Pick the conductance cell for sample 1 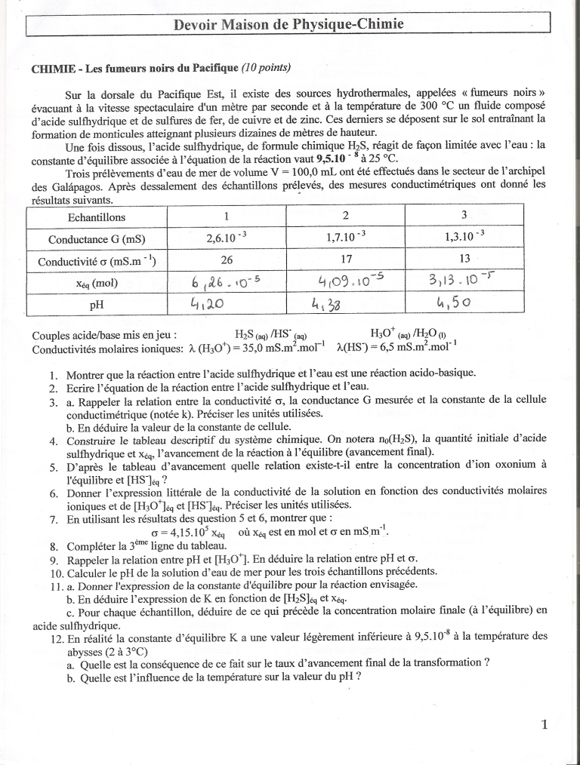pyautogui.click(x=227, y=238)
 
